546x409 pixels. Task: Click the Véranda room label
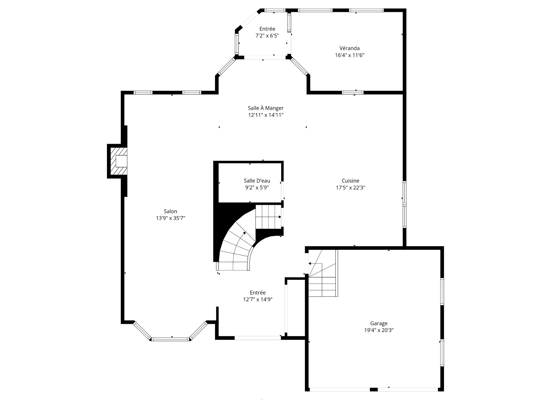349,48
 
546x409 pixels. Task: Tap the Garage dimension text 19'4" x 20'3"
379,330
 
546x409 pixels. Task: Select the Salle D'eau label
257,181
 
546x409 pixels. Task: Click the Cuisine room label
350,181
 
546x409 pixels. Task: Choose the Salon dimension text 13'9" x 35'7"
171,218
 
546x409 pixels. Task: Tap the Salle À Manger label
266,108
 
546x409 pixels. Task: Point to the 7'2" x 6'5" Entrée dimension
267,36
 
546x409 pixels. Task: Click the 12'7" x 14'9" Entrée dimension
258,299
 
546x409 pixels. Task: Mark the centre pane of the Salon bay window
170,339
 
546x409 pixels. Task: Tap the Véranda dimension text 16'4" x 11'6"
349,55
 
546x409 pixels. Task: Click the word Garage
379,323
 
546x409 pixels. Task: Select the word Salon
171,211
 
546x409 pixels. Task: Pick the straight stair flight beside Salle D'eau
268,217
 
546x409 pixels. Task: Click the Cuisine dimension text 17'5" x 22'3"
350,187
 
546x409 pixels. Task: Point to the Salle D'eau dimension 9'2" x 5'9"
257,187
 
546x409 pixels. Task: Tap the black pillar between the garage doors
374,389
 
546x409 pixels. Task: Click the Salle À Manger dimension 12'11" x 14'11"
266,115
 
